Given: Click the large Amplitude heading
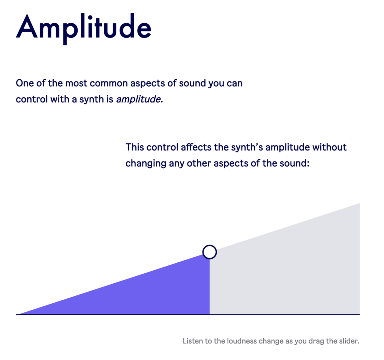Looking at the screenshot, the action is click(x=84, y=28).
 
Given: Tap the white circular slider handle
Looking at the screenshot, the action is click(x=210, y=252).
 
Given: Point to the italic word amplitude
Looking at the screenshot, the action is click(x=138, y=99).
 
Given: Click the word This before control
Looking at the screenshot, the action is click(x=135, y=147).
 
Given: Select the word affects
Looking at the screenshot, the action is click(x=196, y=147).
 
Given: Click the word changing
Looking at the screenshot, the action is click(x=146, y=163).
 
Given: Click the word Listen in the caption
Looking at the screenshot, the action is click(x=193, y=341).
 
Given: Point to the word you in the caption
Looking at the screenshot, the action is click(x=300, y=342).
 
